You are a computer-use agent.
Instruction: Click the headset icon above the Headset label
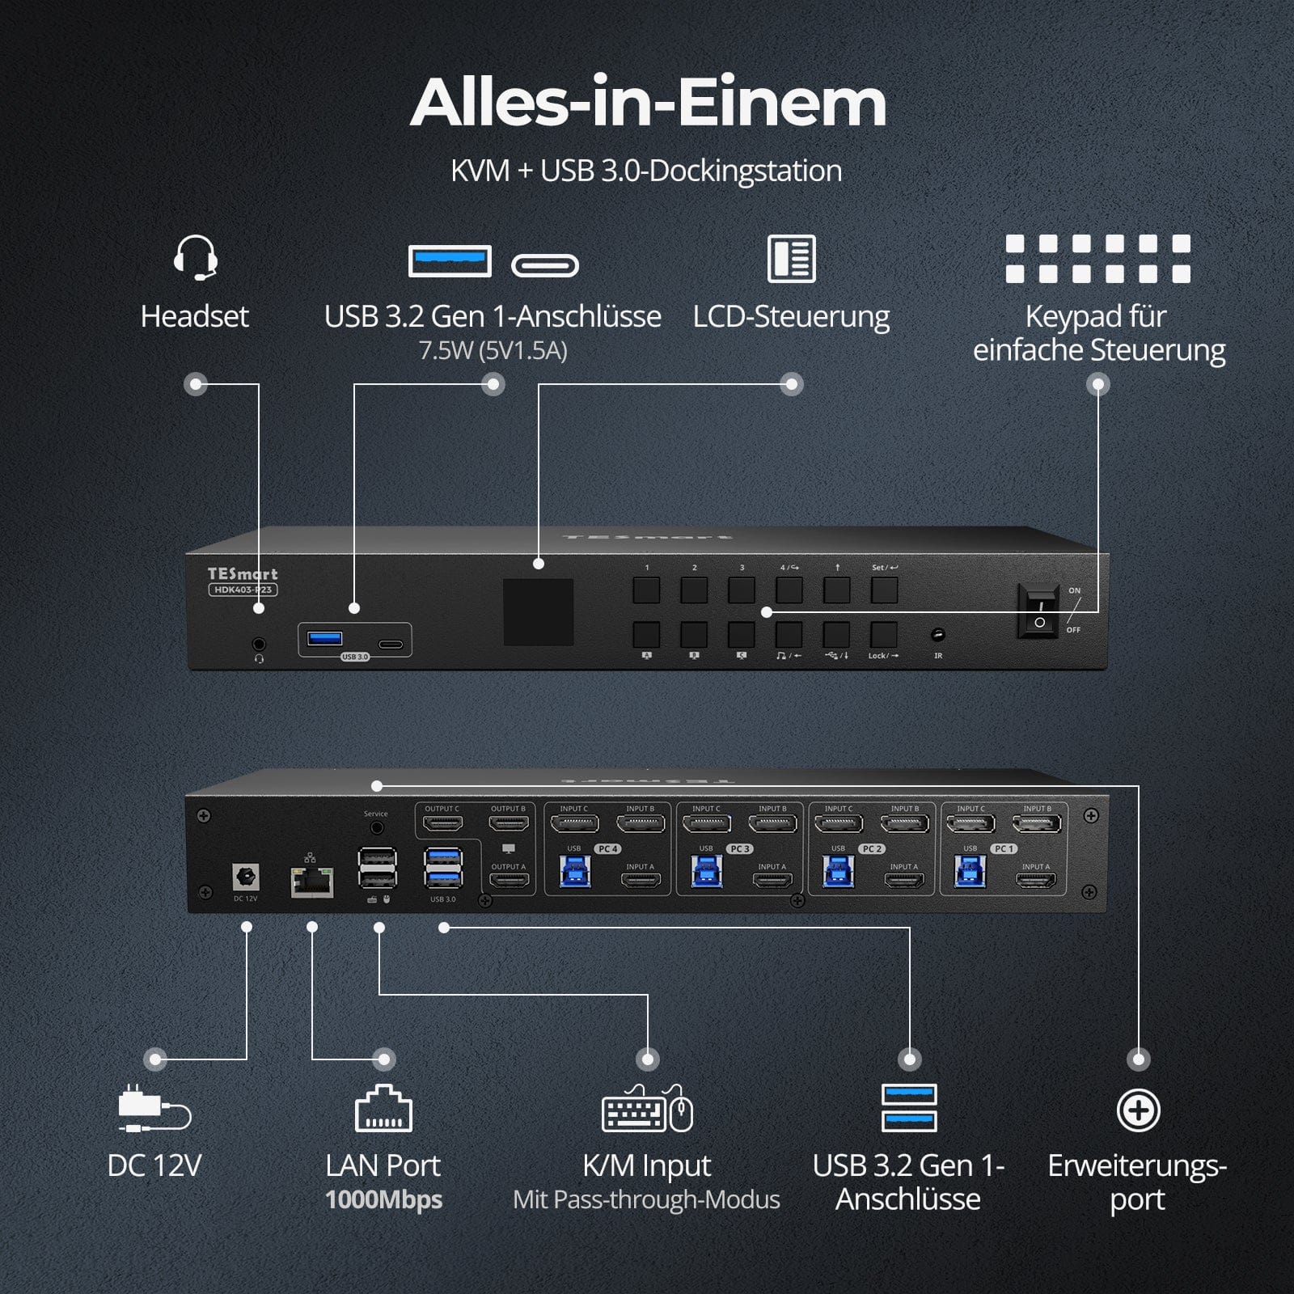pos(195,258)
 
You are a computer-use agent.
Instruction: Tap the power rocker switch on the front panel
pos(1039,612)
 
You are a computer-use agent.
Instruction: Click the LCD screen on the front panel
pos(539,612)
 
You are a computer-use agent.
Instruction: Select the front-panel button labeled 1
pos(646,590)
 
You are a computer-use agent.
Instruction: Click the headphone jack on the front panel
pos(259,645)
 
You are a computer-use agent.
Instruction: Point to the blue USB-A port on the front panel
pos(325,639)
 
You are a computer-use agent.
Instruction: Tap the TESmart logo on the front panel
pos(242,573)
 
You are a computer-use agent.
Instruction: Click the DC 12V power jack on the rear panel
pos(245,877)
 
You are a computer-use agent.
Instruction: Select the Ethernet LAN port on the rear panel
pos(312,881)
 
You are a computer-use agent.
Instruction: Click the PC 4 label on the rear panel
pos(608,848)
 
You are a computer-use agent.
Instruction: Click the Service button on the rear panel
pos(376,828)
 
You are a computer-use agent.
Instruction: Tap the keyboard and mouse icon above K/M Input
pos(647,1110)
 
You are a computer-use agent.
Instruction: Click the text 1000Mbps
pos(383,1199)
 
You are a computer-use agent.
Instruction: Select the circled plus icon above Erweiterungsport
pos(1138,1110)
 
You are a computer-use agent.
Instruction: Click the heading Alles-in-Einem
pos(648,103)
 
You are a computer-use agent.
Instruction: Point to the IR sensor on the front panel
pos(938,635)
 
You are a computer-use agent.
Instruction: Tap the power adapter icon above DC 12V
pos(154,1108)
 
